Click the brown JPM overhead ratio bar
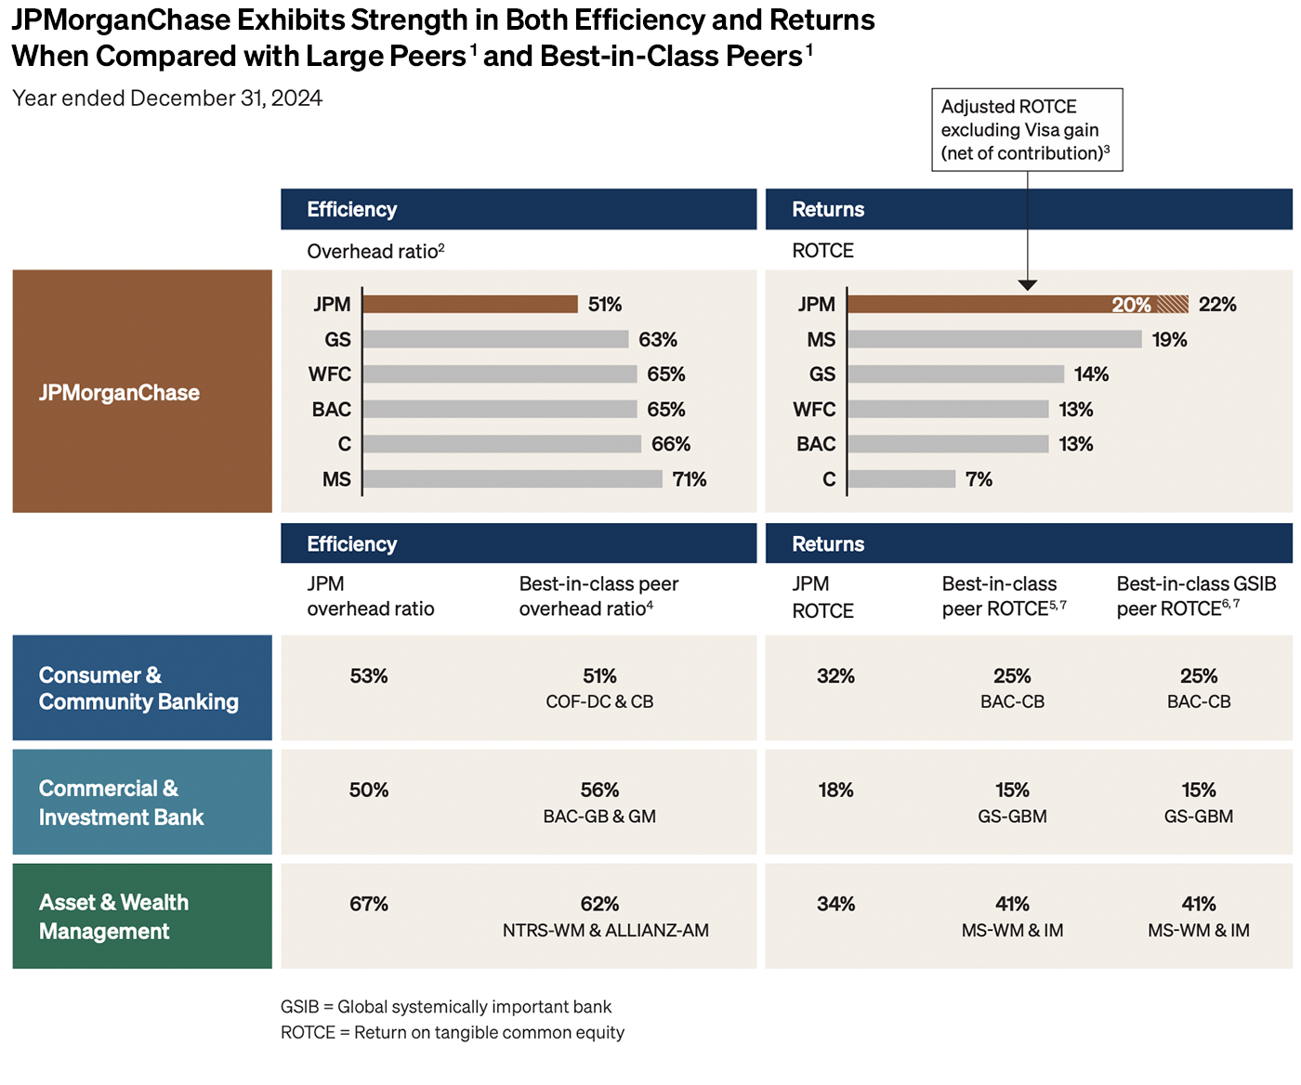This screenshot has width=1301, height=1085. pyautogui.click(x=470, y=304)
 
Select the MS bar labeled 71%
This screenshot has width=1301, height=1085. pyautogui.click(x=512, y=479)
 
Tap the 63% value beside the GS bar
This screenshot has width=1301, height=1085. pyautogui.click(x=658, y=340)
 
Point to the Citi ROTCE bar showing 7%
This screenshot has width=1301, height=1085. pyautogui.click(x=901, y=479)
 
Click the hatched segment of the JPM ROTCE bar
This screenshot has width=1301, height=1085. pyautogui.click(x=1173, y=304)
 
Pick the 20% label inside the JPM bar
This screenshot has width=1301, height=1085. pyautogui.click(x=1131, y=305)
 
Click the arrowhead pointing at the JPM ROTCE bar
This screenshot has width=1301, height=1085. pyautogui.click(x=1028, y=285)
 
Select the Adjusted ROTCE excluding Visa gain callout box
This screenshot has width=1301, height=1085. pyautogui.click(x=1027, y=130)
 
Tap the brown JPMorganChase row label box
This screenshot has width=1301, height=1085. pyautogui.click(x=142, y=391)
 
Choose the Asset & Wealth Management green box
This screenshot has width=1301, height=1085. pyautogui.click(x=142, y=916)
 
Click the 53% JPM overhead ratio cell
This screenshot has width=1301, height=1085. pyautogui.click(x=369, y=676)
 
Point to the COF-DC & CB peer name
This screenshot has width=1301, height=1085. pyautogui.click(x=599, y=702)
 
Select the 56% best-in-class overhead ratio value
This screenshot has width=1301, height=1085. pyautogui.click(x=599, y=791)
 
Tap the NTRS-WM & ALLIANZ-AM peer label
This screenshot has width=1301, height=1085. pyautogui.click(x=605, y=931)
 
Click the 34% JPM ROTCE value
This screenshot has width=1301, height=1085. pyautogui.click(x=835, y=905)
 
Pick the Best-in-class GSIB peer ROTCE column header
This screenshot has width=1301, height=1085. pyautogui.click(x=1196, y=596)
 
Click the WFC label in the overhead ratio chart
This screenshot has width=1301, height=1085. pyautogui.click(x=330, y=374)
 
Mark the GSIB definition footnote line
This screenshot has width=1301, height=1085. pyautogui.click(x=446, y=1007)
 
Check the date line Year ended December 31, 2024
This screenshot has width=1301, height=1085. pyautogui.click(x=167, y=98)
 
